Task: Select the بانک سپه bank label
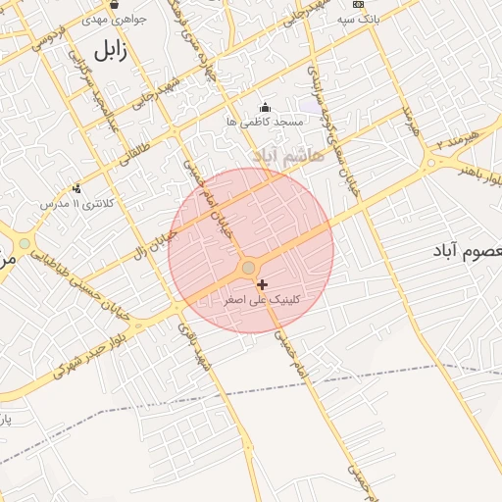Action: coord(358,19)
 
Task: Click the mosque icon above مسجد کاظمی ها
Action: coord(264,107)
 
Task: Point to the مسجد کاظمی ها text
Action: coord(265,122)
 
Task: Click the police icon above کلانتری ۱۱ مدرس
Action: coord(76,188)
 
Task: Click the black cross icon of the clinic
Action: coord(262,284)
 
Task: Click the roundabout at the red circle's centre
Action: coord(249,268)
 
